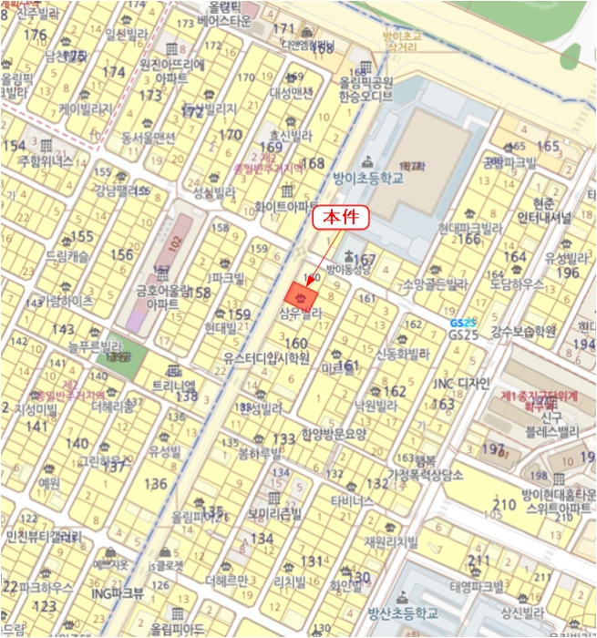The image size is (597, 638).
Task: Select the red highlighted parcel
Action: pyautogui.click(x=302, y=296)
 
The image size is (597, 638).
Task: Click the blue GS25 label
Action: pyautogui.click(x=463, y=324)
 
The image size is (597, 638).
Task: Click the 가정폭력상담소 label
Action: pyautogui.click(x=426, y=474)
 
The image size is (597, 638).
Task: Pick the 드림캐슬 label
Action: pyautogui.click(x=67, y=258)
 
